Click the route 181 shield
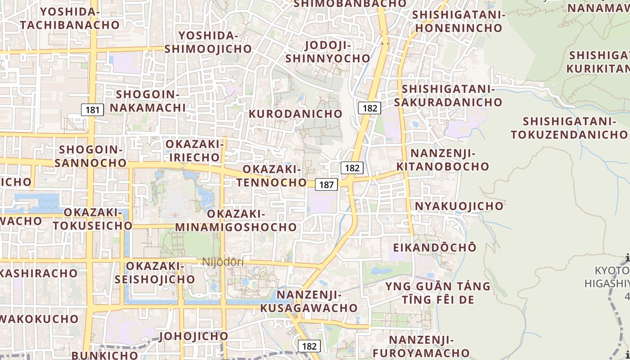pos(93,109)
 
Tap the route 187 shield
pos(327,184)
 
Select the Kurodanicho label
pos(295,113)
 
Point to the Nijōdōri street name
pos(223,261)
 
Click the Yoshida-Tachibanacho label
pos(70,18)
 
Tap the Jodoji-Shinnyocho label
pos(328,52)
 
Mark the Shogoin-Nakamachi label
pos(148,101)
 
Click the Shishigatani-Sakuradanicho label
pos(448,96)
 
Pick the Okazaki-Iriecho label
pos(194,151)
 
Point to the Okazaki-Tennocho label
pos(272,176)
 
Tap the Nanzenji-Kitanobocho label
pos(443,160)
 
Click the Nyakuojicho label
pos(459,206)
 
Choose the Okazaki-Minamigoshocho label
pos(236,220)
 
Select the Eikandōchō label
pos(435,247)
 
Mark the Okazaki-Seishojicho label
pos(155,273)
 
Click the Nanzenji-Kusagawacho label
pos(309,301)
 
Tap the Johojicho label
pos(194,336)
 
